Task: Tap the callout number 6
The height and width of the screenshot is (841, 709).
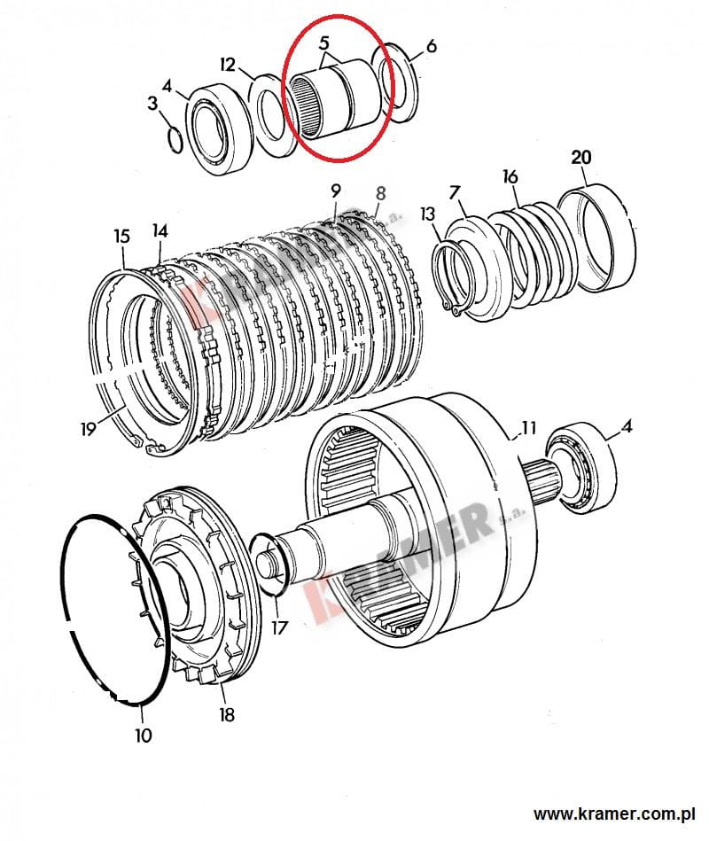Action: (432, 47)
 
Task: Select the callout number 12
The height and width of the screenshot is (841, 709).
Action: (228, 65)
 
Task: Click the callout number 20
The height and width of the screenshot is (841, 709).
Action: (580, 157)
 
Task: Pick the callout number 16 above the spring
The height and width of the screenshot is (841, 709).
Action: (510, 176)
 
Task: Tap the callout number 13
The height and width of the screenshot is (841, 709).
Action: (427, 214)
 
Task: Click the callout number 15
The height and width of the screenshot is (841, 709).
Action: (121, 236)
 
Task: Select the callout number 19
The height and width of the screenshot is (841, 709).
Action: (88, 429)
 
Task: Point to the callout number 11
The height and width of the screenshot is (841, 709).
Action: (528, 427)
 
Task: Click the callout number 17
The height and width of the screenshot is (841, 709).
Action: (279, 627)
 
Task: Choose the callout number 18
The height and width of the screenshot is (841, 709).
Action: (226, 714)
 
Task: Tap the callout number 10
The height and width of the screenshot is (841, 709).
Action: (144, 736)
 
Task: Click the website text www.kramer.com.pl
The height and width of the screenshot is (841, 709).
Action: (614, 814)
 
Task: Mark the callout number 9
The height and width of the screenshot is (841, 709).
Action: (336, 191)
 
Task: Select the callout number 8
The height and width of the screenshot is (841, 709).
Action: (380, 193)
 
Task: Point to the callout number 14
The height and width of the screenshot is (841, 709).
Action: (160, 231)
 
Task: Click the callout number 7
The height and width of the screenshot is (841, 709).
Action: (455, 192)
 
